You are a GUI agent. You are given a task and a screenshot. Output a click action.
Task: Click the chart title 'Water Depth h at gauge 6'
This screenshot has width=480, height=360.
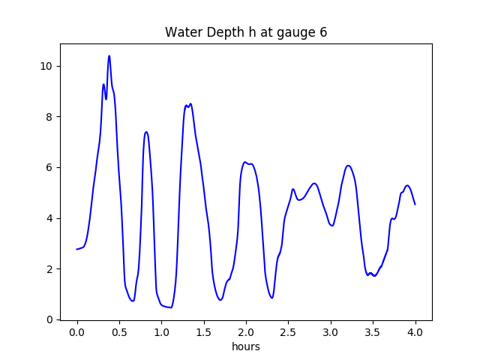point(246,32)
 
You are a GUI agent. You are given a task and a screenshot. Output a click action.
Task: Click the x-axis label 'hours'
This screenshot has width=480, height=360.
point(246,347)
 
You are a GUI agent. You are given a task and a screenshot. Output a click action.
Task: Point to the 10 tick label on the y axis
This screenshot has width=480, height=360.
point(46,66)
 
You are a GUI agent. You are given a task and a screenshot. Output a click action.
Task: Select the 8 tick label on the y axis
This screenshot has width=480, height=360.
point(49,117)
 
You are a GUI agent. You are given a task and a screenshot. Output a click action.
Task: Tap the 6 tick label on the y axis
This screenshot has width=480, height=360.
point(49,167)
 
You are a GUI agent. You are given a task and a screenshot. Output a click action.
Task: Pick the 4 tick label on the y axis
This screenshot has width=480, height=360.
point(49,218)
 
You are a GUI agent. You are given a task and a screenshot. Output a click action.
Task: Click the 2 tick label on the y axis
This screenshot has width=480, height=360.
point(49,268)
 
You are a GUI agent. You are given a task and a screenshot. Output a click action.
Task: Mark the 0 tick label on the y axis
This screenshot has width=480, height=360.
point(49,319)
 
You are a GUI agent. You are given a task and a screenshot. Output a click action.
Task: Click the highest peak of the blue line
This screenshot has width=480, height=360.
point(109,56)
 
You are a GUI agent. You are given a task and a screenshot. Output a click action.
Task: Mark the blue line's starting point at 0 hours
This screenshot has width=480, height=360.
point(77,249)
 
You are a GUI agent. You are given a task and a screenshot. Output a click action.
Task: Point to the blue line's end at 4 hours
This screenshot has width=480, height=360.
point(415,204)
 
